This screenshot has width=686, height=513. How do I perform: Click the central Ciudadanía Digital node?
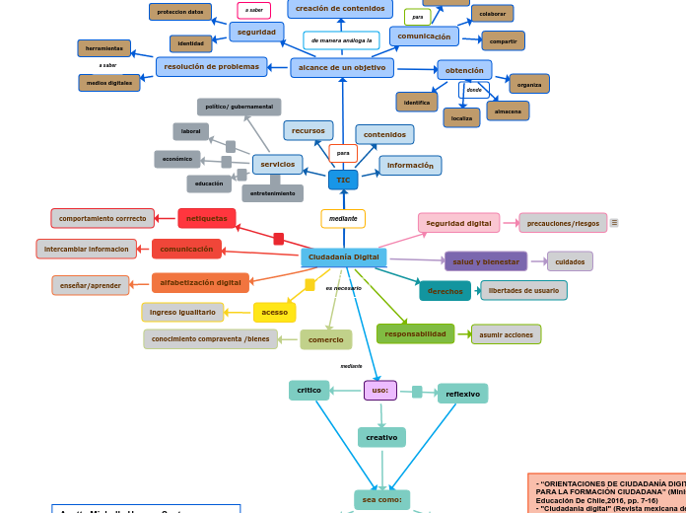pyautogui.click(x=343, y=257)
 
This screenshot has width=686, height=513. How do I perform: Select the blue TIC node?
pyautogui.click(x=343, y=181)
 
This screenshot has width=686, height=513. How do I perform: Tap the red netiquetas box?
pyautogui.click(x=207, y=218)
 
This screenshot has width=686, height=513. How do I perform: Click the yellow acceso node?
pyautogui.click(x=274, y=313)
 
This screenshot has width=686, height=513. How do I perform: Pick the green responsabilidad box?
pyautogui.click(x=415, y=334)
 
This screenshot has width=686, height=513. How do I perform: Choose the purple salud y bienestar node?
pyautogui.click(x=486, y=261)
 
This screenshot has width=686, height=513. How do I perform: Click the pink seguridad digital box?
pyautogui.click(x=458, y=223)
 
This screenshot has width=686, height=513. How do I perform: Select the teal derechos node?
pyautogui.click(x=445, y=291)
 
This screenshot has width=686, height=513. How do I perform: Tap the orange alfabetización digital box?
pyautogui.click(x=200, y=283)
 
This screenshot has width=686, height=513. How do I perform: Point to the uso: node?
pyautogui.click(x=380, y=391)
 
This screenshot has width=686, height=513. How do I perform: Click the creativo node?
pyautogui.click(x=381, y=437)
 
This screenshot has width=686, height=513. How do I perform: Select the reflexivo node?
pyautogui.click(x=462, y=394)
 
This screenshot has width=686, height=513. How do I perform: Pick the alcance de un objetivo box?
pyautogui.click(x=342, y=68)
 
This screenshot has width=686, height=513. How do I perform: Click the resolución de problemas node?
pyautogui.click(x=211, y=67)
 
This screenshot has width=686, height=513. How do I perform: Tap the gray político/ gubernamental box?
pyautogui.click(x=239, y=107)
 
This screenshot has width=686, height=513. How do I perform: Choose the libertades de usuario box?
pyautogui.click(x=523, y=290)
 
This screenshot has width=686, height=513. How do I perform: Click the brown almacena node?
pyautogui.click(x=508, y=111)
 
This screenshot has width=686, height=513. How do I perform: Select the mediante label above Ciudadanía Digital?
pyautogui.click(x=343, y=219)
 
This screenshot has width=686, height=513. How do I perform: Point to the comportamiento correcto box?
pyautogui.click(x=103, y=218)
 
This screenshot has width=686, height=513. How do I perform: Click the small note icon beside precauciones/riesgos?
pyautogui.click(x=614, y=223)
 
